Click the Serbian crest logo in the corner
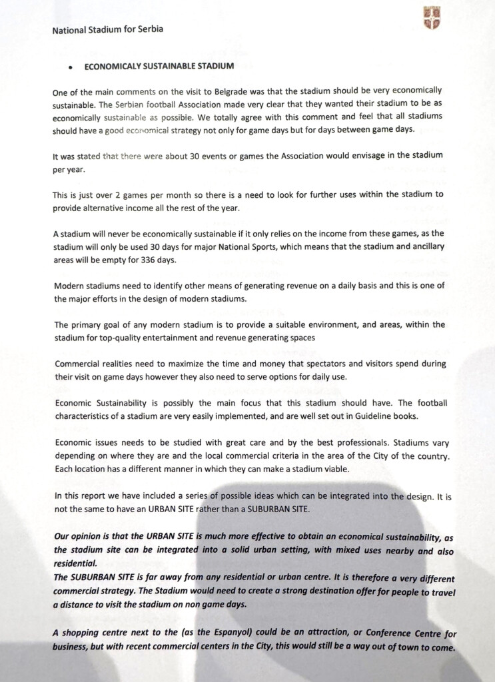(432, 17)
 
